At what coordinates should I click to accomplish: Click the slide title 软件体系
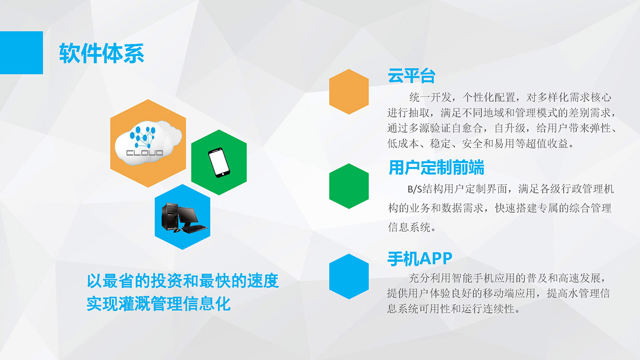tap(102, 53)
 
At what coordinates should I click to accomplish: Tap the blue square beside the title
tap(22, 53)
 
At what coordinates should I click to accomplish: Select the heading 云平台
tap(412, 76)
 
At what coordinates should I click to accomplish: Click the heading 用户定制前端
tap(436, 167)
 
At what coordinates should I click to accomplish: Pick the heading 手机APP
tap(420, 259)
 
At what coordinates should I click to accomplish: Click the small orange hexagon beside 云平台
tap(349, 92)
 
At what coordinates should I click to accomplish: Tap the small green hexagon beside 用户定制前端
tap(349, 186)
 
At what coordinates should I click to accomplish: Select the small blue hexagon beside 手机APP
tap(349, 277)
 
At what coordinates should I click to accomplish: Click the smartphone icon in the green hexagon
tap(219, 163)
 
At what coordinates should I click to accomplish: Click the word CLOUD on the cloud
tap(145, 153)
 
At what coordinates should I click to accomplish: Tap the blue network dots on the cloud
tap(143, 137)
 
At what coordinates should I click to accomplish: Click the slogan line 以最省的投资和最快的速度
tap(183, 281)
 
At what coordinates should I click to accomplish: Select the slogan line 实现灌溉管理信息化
tap(159, 303)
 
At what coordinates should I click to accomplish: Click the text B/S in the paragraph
tap(415, 189)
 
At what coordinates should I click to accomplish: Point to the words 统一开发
tap(430, 98)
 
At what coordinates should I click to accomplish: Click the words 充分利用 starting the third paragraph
tap(430, 278)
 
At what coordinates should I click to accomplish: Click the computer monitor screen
tap(188, 215)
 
